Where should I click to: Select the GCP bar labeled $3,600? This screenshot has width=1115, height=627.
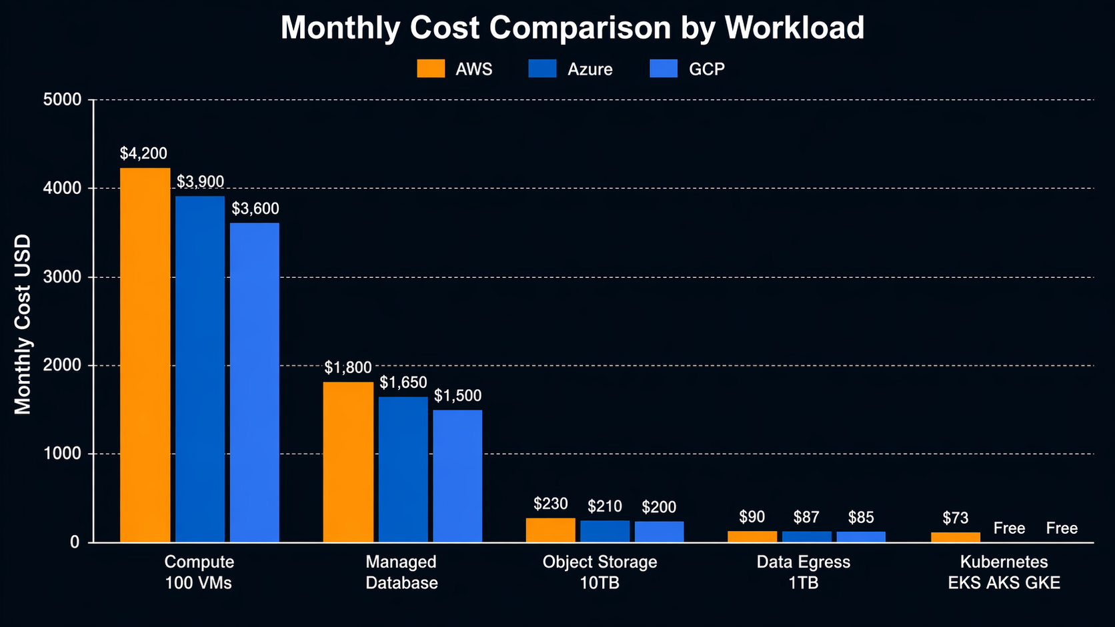(x=255, y=382)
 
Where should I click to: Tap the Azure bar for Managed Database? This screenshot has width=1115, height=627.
(x=403, y=469)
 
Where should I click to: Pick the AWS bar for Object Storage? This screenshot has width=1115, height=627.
(x=550, y=530)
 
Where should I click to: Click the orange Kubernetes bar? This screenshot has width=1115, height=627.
(x=956, y=537)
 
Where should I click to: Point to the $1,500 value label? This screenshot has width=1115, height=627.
(x=457, y=396)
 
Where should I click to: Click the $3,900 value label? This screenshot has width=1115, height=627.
(x=200, y=182)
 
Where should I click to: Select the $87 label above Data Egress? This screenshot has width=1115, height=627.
(x=806, y=517)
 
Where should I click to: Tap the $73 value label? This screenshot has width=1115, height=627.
(x=956, y=518)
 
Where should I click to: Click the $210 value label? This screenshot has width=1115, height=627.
(x=605, y=507)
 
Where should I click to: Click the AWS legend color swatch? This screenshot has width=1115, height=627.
(x=431, y=69)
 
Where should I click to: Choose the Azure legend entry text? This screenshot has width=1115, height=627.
(x=590, y=69)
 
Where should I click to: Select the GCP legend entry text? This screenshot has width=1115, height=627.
(x=706, y=69)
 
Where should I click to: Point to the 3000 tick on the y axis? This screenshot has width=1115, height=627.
(x=66, y=277)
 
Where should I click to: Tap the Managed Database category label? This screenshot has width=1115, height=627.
(x=401, y=572)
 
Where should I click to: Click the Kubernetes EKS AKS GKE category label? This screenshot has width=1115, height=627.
(x=1004, y=572)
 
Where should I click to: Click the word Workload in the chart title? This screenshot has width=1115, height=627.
(x=794, y=28)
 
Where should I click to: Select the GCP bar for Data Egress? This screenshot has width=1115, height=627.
(x=861, y=537)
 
